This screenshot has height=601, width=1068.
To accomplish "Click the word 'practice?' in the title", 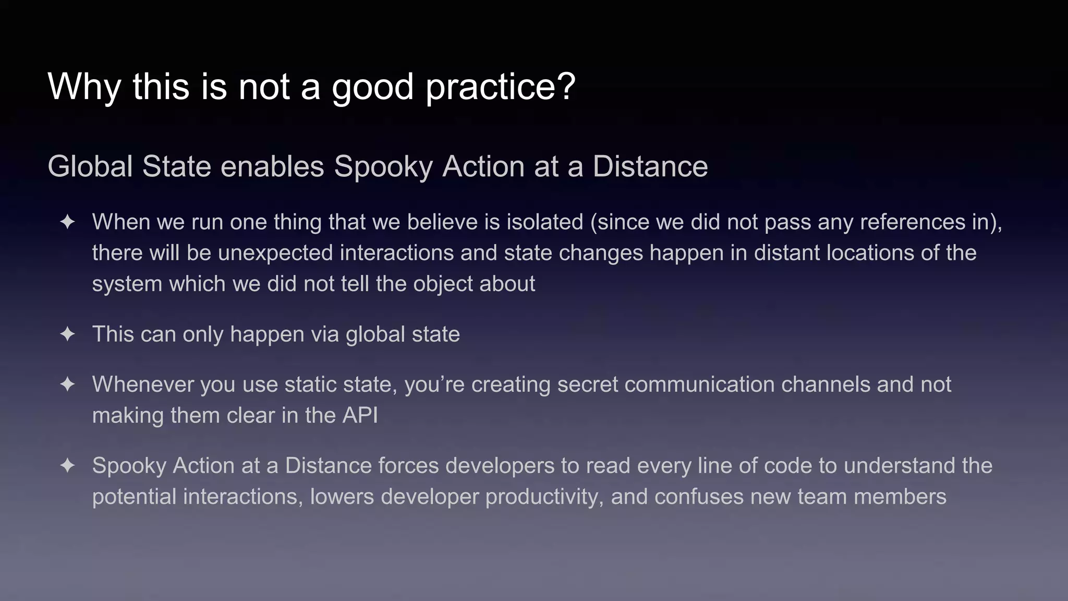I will pos(501,87).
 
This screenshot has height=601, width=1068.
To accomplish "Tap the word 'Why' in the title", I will pos(83,87).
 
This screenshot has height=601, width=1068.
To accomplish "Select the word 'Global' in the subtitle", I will pos(90,166).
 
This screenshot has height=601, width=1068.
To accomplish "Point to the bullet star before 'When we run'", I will pos(67,222).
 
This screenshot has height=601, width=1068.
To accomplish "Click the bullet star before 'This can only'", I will pos(67,334).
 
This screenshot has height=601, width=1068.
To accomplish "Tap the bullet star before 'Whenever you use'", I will pos(67,384).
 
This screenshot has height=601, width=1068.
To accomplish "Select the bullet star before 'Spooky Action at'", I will pos(67,465).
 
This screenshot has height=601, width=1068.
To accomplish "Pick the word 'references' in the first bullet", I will pos(912,222).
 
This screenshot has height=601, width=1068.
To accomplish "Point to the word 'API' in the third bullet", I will pos(359,416).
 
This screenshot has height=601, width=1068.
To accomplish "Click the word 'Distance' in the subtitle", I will pos(650,166).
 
